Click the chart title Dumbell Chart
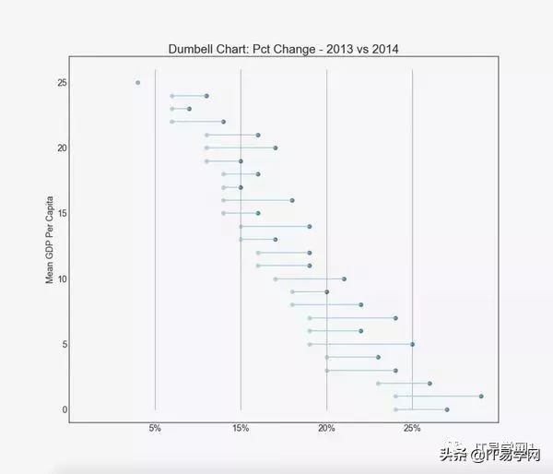(284, 48)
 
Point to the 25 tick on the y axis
(60, 83)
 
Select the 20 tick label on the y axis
(60, 148)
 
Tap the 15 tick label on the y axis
(60, 213)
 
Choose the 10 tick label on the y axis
(60, 278)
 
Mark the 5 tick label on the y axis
(63, 344)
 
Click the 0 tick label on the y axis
(63, 409)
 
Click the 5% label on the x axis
(155, 428)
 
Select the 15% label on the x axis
(241, 428)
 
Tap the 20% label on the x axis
(326, 428)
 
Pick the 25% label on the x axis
(412, 428)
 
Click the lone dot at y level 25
(138, 82)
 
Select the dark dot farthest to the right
(481, 397)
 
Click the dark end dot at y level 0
(447, 409)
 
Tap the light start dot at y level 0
(395, 409)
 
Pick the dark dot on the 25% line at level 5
(412, 344)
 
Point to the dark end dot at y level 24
(206, 96)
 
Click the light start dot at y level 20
(206, 148)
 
